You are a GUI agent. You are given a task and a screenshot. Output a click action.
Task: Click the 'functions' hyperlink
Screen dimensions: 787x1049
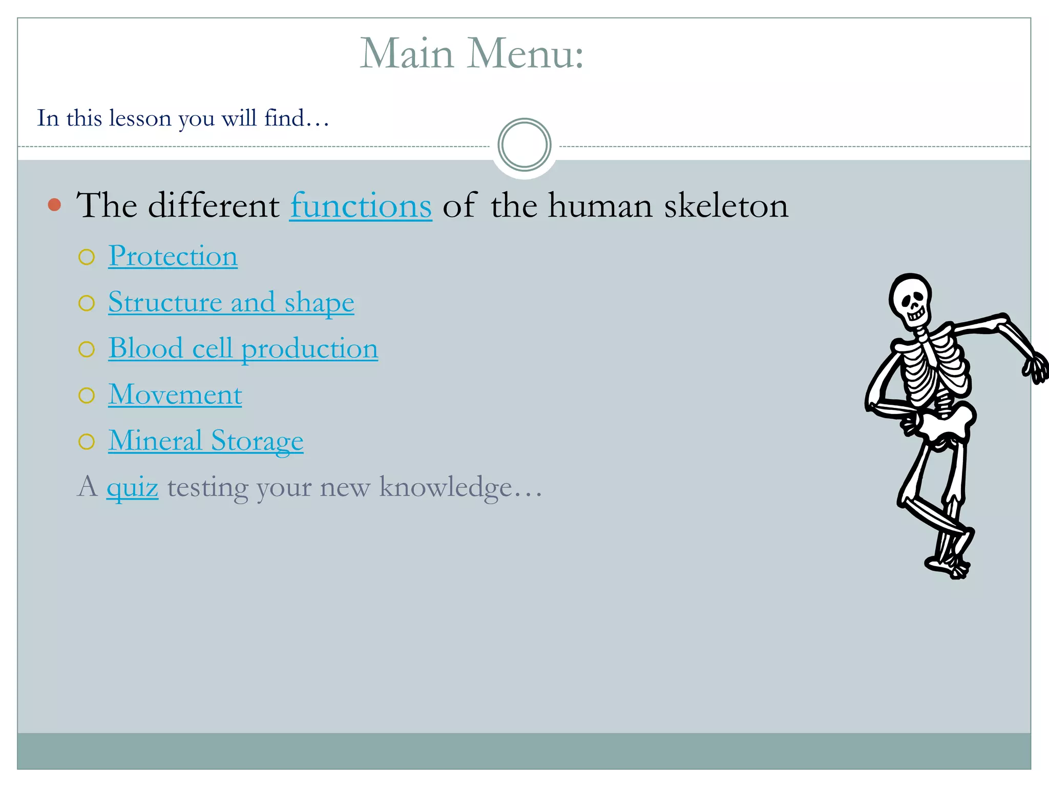coord(361,206)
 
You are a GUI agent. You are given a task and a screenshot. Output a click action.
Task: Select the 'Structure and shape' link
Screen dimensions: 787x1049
coord(231,302)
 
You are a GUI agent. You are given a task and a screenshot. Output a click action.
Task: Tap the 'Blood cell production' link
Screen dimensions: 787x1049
coord(243,348)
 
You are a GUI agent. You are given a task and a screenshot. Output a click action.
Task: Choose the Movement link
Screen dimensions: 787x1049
coord(175,395)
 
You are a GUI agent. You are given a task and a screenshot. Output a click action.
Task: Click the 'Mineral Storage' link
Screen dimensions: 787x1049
coord(205,441)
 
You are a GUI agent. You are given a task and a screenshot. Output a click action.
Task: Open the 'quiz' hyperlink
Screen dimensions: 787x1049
coord(132,487)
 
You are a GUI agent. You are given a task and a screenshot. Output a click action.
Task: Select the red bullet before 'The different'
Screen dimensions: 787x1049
coord(54,205)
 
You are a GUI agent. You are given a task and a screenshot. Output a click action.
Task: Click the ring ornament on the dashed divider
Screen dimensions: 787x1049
coord(524,145)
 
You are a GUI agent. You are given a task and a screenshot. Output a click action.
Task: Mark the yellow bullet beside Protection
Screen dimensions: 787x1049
coord(87,257)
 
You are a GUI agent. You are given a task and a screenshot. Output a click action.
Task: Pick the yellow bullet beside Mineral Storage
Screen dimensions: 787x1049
coord(87,442)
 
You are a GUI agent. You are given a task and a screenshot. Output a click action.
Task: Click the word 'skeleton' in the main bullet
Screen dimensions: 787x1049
coord(726,206)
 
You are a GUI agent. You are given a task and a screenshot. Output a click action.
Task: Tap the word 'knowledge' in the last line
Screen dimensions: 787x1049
coord(445,487)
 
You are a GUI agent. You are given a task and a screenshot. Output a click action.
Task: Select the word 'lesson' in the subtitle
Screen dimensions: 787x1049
coord(140,118)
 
